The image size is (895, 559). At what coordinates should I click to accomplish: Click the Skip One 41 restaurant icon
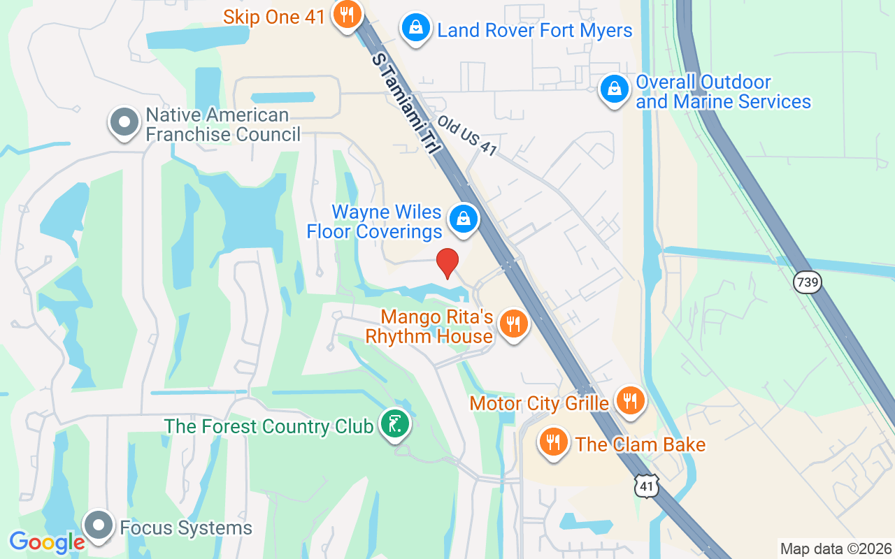coord(345,15)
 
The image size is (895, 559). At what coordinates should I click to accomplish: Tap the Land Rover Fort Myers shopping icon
coord(416,29)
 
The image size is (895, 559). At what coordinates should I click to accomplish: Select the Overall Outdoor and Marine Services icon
coord(614,91)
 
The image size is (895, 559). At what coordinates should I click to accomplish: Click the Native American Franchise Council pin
coord(124,122)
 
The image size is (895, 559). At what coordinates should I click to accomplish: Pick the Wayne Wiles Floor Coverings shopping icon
coord(463,219)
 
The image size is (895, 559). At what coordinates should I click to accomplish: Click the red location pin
coord(447,263)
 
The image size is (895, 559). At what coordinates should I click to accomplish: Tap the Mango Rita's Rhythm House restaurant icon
coord(514,324)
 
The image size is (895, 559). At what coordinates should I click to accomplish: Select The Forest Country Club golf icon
coord(395,424)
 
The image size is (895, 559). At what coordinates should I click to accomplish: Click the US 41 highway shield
coord(647,485)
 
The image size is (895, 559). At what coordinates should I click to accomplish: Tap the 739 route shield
coord(808,282)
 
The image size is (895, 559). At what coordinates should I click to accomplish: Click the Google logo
coord(47,542)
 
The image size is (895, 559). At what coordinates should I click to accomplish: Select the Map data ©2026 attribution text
coord(836,549)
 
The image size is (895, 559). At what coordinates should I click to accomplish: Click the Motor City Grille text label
coord(539,403)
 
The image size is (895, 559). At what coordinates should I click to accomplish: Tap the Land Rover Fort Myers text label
coord(535,31)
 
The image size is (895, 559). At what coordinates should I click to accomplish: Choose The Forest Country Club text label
coord(268,426)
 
